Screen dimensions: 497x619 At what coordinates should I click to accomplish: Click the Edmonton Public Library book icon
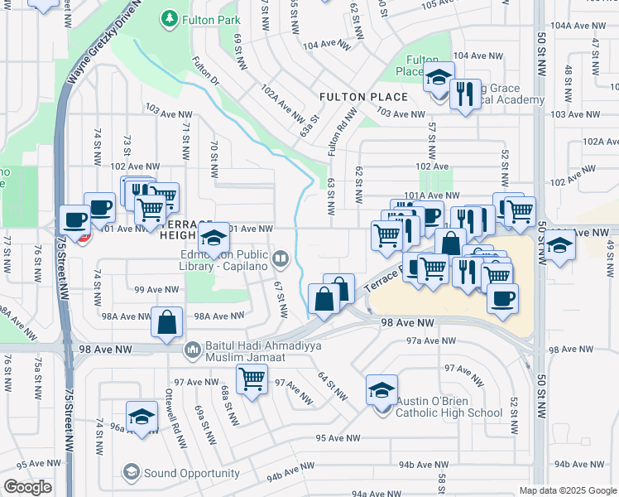281,259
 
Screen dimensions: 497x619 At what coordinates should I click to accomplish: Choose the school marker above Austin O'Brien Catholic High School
381,388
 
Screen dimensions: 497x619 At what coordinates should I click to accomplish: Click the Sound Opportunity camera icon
132,473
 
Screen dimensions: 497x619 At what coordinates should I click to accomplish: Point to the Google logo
27,487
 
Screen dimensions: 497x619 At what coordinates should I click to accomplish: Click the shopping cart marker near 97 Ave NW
251,379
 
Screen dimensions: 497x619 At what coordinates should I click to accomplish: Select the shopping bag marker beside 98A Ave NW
166,322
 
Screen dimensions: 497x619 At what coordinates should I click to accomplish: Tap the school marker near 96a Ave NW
142,416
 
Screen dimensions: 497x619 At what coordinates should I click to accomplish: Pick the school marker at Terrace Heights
214,238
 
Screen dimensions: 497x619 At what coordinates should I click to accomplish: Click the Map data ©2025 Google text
567,490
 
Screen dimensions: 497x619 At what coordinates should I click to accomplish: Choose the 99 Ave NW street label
157,289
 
